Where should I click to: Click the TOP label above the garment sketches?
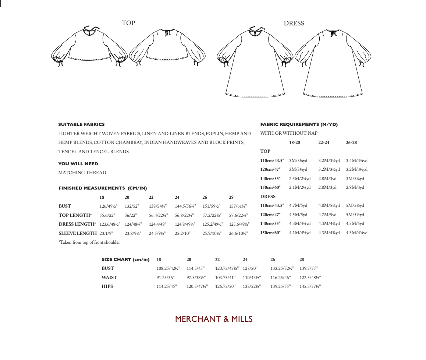tap(128, 23)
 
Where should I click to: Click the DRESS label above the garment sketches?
tap(294, 23)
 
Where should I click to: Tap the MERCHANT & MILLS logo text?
tap(214, 319)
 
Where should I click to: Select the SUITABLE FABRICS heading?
tap(81, 124)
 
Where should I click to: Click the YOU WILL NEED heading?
tap(78, 164)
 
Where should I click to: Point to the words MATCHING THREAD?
tap(82, 173)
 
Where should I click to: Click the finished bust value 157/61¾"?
tap(238, 206)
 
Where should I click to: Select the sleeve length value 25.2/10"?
tap(182, 233)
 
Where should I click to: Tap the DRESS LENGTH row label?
tap(77, 224)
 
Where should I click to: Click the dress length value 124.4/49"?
tap(157, 224)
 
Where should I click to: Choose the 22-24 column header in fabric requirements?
tap(324, 142)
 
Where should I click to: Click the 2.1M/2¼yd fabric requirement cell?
tap(300, 187)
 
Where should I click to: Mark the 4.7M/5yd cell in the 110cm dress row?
tap(298, 205)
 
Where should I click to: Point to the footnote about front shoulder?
tap(89, 242)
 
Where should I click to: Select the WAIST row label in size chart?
tap(109, 278)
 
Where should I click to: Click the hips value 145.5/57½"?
tap(310, 286)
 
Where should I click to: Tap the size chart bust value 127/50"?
tap(250, 268)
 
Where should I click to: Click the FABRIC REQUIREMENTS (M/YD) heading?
tap(299, 124)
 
